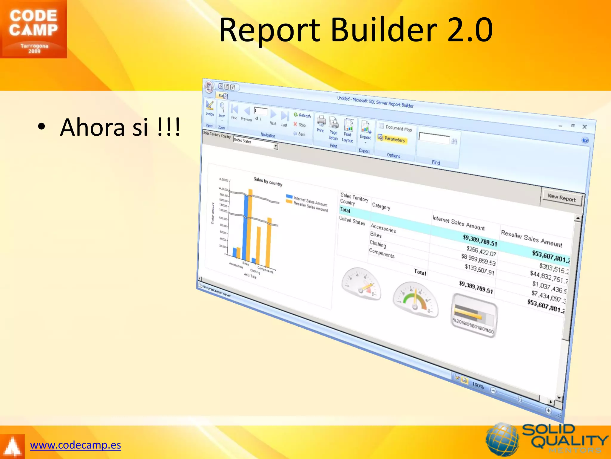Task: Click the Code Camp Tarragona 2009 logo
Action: [x=33, y=29]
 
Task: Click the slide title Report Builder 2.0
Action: [x=356, y=30]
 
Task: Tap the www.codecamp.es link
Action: [x=75, y=445]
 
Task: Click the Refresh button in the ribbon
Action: [x=302, y=115]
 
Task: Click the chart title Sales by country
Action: [x=268, y=181]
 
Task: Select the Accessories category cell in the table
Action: [x=383, y=229]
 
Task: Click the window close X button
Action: [x=585, y=127]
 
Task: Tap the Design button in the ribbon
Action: [x=210, y=108]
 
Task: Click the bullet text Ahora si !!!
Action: [x=120, y=127]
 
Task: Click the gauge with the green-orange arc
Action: [x=416, y=297]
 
